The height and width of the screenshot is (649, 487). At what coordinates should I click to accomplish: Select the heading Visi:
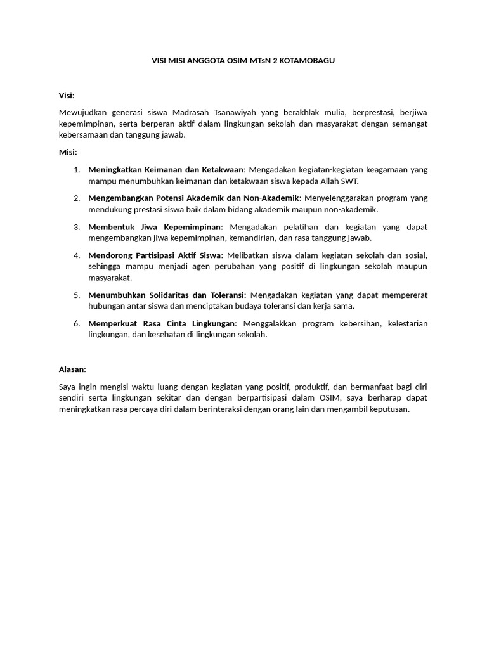pos(67,95)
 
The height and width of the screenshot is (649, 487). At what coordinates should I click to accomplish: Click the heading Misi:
pos(68,152)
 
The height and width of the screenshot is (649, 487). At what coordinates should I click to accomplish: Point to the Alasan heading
pos(72,369)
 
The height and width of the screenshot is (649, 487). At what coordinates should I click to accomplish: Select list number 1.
pos(76,169)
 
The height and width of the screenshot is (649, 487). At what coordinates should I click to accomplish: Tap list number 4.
pos(76,255)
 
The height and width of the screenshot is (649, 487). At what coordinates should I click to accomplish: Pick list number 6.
pos(76,323)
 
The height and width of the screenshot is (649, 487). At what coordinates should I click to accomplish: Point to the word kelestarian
pos(407,323)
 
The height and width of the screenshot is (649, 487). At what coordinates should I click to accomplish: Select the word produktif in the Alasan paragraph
pos(311,386)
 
